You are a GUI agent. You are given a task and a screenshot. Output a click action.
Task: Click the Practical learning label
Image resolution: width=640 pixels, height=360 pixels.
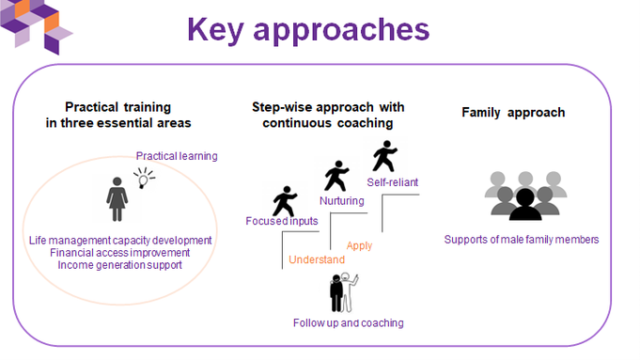pos(177,155)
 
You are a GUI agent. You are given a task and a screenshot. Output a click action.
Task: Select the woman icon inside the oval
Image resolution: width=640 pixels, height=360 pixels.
pos(118,198)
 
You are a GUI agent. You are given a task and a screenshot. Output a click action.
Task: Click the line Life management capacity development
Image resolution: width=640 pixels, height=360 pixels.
pos(120,240)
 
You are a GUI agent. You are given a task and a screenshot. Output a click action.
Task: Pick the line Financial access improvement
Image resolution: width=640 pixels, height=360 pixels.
pos(120,252)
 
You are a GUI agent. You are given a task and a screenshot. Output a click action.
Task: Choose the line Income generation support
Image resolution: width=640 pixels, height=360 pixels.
pos(120,265)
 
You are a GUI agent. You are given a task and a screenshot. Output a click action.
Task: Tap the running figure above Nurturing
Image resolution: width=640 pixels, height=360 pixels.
pos(336,175)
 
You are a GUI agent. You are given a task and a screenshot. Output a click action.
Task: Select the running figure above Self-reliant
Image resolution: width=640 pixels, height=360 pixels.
pos(385,155)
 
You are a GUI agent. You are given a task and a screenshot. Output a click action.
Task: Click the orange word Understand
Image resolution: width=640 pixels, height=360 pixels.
pos(316,259)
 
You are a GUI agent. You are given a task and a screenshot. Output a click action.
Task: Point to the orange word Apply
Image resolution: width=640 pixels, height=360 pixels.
pos(359,245)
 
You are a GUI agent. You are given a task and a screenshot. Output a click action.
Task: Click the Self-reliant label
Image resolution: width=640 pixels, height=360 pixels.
pos(392,181)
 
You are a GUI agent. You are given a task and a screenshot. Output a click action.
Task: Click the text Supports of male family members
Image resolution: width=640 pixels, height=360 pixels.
pos(522,240)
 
